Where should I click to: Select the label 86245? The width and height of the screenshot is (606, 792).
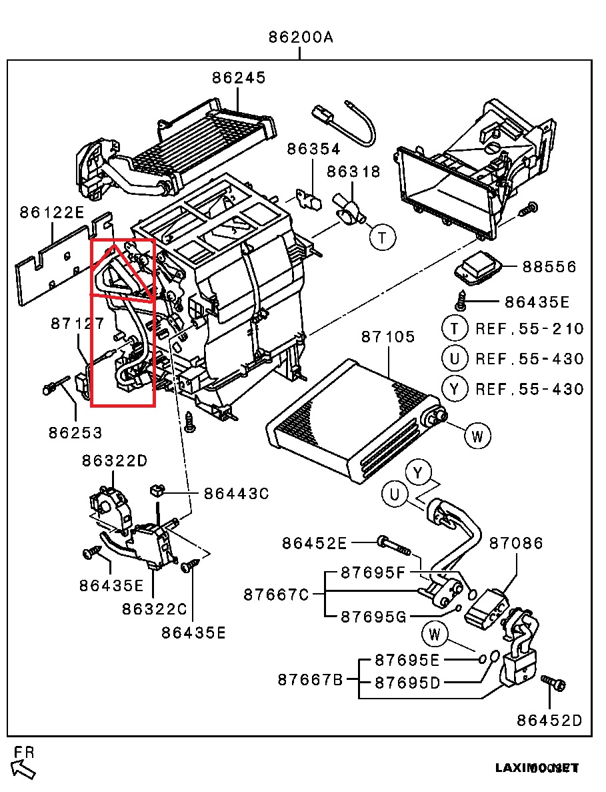coord(239,77)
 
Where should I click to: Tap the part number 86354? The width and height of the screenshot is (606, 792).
coord(313,149)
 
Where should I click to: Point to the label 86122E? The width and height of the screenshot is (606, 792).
coord(51,213)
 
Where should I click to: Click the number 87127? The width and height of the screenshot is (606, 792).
coord(77,324)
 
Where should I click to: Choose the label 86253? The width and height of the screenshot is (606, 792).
coord(75,433)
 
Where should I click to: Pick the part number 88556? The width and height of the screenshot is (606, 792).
coord(549,267)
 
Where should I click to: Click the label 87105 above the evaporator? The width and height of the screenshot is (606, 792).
coord(388,337)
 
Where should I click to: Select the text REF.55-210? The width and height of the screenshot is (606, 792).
coord(529,328)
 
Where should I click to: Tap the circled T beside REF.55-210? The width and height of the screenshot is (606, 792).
coord(455,328)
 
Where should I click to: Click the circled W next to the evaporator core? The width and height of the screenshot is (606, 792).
coord(477,437)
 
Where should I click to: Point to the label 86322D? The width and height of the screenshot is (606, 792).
coord(115,460)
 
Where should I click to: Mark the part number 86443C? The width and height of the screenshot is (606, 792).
coord(236,494)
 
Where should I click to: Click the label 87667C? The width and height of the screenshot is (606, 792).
coord(276,594)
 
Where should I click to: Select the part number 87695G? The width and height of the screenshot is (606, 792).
coord(373,617)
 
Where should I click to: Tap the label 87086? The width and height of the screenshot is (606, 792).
coord(516,543)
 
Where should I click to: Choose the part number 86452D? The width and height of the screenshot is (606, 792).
coord(549,721)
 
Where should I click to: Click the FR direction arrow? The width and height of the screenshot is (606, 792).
coord(25,768)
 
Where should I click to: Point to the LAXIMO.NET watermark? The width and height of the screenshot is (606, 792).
coord(537,768)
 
